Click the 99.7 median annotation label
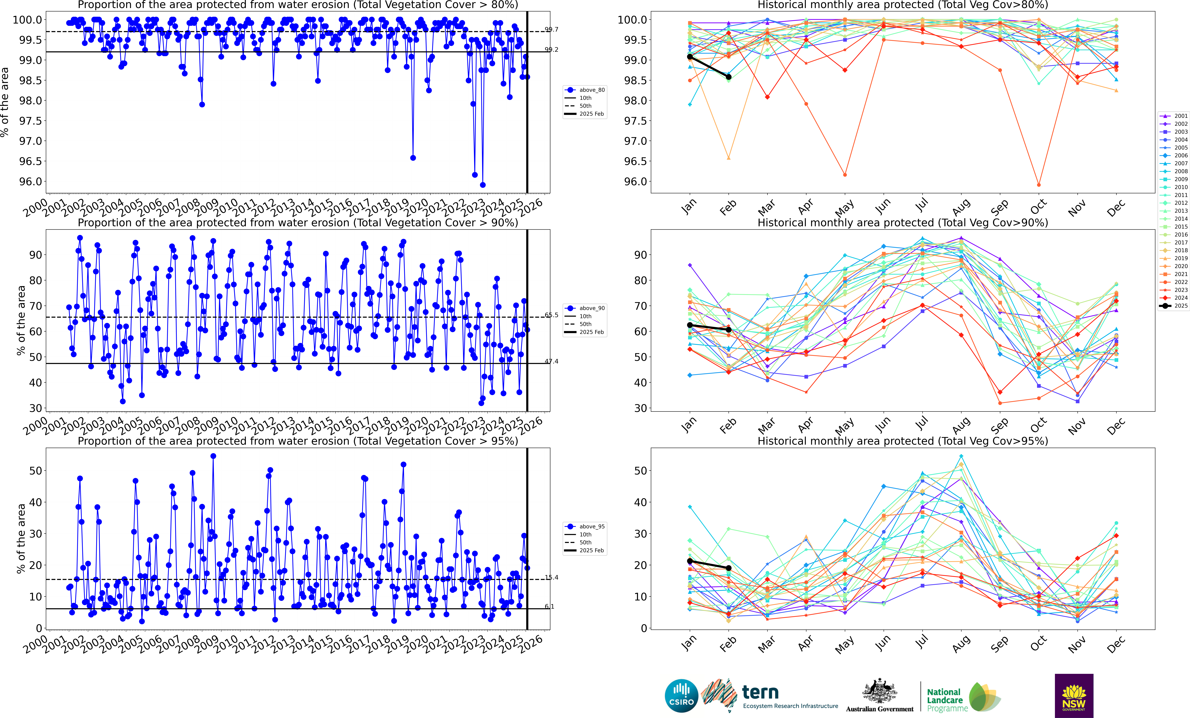552,29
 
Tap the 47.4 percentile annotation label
552,361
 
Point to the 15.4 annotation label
552,578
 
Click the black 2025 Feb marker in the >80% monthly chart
728,77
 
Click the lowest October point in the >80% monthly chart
1038,185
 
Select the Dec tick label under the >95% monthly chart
1116,643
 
